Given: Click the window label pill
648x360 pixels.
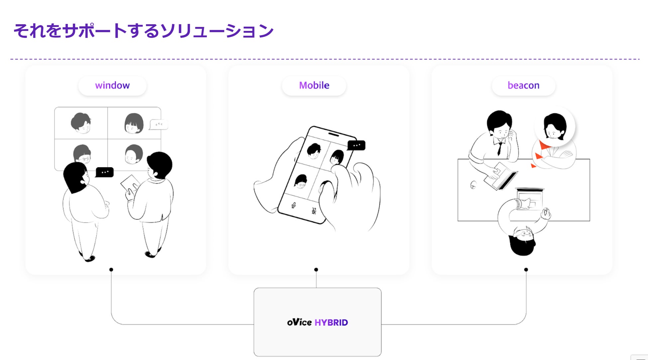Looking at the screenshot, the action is click(x=112, y=86).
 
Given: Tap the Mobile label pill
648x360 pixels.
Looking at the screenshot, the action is click(x=314, y=86).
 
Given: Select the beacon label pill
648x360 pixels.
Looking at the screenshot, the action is click(x=523, y=86).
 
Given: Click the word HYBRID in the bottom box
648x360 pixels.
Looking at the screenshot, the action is click(x=331, y=322).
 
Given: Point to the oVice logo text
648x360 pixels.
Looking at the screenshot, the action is click(x=299, y=322).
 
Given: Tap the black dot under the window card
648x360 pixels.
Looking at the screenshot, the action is click(x=111, y=270).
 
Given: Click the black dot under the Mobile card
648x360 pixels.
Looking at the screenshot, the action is click(x=316, y=270).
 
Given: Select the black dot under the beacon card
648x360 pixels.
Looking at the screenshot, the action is click(x=526, y=270).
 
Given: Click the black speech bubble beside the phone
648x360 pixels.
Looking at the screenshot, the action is click(x=356, y=146).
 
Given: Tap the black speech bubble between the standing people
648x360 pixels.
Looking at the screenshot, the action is click(x=105, y=172).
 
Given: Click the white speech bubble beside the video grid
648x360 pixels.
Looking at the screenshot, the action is click(x=159, y=125).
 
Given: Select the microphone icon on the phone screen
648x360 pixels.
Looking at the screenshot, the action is click(x=293, y=205).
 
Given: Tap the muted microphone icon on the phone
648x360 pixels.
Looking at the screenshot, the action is click(x=314, y=211).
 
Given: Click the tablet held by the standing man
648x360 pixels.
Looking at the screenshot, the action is click(x=130, y=183).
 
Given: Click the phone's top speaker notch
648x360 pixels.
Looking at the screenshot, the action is click(x=334, y=134).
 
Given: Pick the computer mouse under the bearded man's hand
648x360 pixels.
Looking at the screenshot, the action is click(x=546, y=212).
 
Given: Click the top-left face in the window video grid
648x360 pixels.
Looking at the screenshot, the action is click(x=81, y=123).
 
